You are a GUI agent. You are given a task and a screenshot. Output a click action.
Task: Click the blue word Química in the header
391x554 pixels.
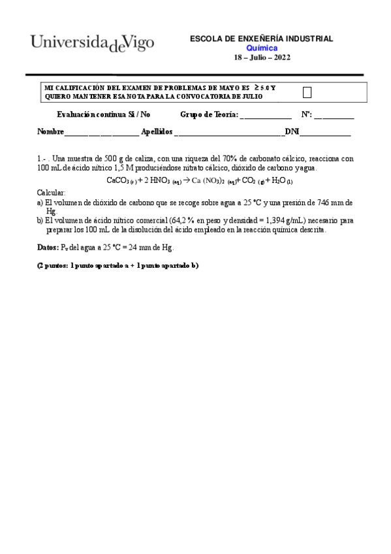tap(261, 48)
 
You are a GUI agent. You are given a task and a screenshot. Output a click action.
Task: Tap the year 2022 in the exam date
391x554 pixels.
tap(280, 57)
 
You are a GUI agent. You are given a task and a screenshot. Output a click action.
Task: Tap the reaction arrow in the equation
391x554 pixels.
tap(185, 180)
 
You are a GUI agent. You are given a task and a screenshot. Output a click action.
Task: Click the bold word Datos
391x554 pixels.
tap(48, 248)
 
